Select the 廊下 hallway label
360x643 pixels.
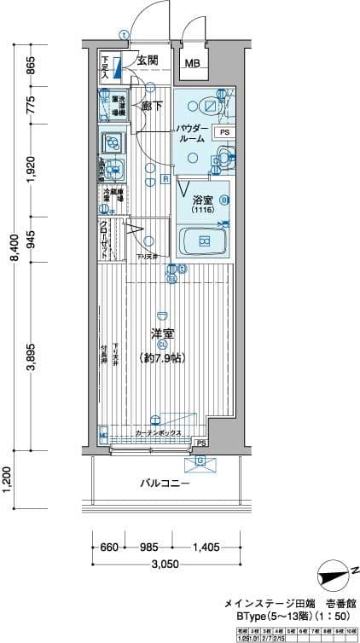152,106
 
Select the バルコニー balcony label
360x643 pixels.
165,484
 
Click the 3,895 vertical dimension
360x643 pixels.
32,358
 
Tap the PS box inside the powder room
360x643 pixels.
224,133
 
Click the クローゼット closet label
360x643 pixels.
103,238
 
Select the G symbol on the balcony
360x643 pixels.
200,461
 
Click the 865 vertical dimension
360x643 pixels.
32,66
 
